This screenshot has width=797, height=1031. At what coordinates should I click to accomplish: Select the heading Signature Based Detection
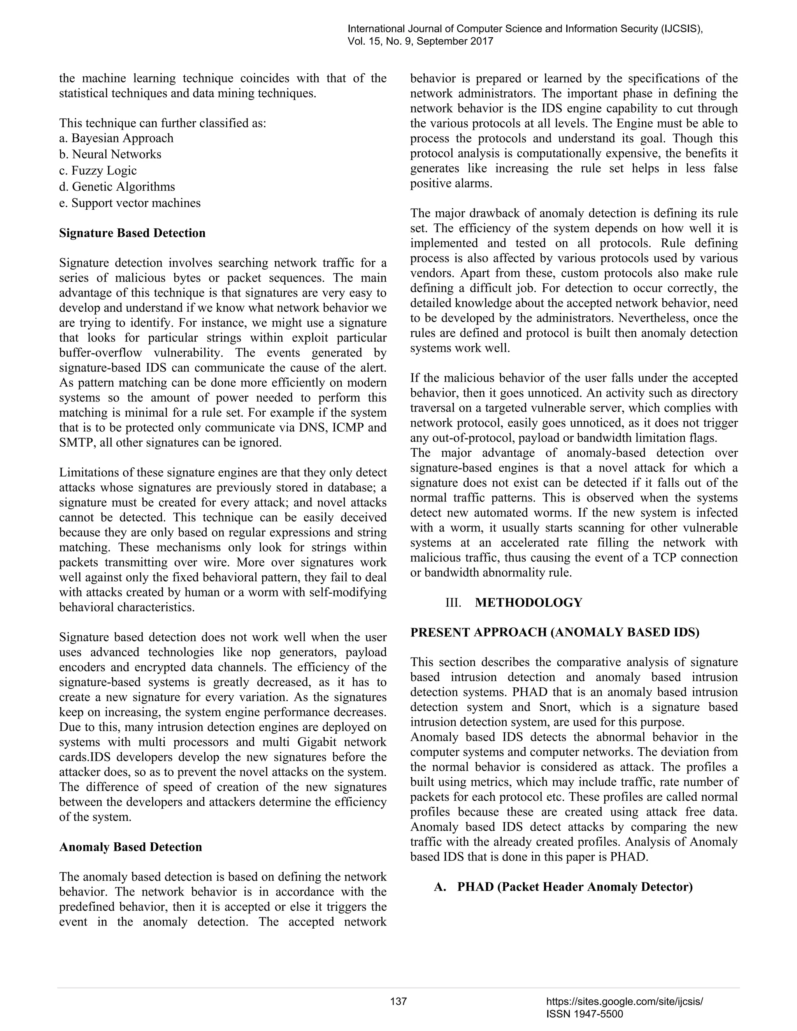click(x=132, y=233)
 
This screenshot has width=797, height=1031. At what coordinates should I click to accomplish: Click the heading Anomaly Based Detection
click(x=130, y=847)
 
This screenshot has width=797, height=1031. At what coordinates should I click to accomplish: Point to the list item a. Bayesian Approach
click(x=116, y=139)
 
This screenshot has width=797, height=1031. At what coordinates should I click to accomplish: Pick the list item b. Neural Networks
click(x=110, y=154)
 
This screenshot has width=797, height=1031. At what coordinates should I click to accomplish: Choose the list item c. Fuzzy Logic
click(x=98, y=170)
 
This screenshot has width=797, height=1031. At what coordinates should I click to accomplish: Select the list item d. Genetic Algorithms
click(x=117, y=187)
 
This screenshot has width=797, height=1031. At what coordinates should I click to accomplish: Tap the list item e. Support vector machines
click(x=130, y=203)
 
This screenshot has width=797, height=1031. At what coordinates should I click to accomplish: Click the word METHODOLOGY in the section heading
click(x=528, y=603)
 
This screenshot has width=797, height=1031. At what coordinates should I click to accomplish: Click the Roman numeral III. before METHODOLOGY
click(x=453, y=603)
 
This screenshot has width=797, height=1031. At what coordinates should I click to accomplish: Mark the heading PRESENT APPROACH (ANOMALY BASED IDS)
click(x=555, y=633)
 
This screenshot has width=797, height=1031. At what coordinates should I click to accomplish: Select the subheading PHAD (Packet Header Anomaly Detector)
click(x=575, y=887)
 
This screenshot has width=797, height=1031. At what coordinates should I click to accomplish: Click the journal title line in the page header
click(x=525, y=29)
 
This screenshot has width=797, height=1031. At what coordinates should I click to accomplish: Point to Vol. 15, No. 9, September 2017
click(x=420, y=42)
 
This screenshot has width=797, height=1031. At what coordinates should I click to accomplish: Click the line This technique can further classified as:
click(x=162, y=123)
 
